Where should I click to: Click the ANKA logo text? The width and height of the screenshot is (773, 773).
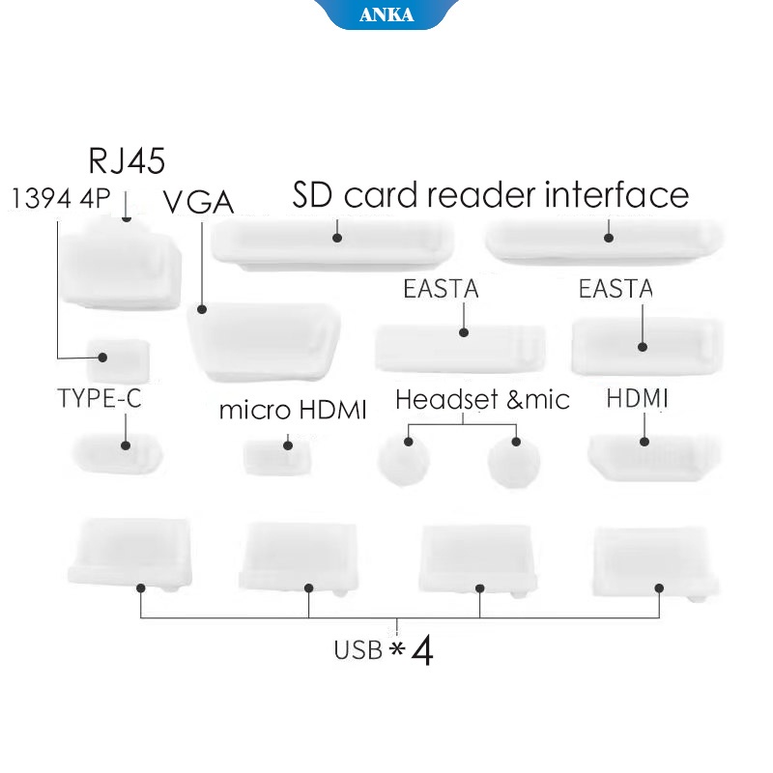point(386,14)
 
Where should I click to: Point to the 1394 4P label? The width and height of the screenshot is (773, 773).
point(60,199)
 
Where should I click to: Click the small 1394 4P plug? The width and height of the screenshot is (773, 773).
point(118,358)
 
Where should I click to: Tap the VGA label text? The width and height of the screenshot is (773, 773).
point(198,202)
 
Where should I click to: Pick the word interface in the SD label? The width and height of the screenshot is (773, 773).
point(616,195)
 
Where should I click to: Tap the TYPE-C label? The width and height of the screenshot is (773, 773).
point(100,398)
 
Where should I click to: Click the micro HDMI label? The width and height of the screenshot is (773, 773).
point(293,410)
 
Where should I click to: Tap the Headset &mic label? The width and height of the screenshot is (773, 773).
point(482,399)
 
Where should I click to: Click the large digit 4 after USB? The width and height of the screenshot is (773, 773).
point(422,650)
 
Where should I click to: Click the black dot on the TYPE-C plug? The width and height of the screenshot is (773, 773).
point(126,445)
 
